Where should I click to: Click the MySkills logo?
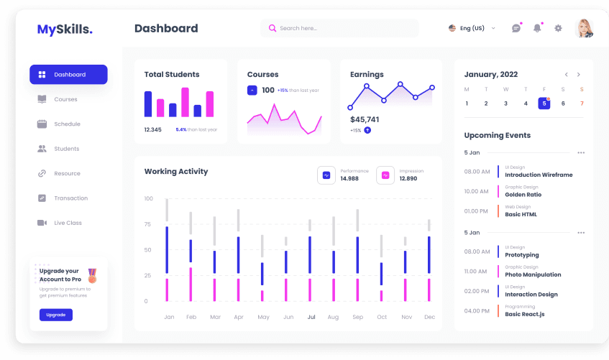click(x=65, y=29)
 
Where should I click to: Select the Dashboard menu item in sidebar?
click(x=68, y=75)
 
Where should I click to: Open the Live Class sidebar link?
click(x=68, y=223)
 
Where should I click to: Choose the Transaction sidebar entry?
click(x=70, y=198)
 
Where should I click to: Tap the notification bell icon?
click(x=536, y=29)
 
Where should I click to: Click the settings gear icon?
click(x=558, y=29)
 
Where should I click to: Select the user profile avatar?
click(x=584, y=29)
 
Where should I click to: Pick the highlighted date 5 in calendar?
click(x=544, y=103)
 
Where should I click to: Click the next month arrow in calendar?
click(x=579, y=75)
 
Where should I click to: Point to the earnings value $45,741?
click(x=365, y=119)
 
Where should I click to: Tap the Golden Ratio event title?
click(x=523, y=195)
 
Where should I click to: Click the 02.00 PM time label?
click(x=476, y=291)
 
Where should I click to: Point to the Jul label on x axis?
click(x=311, y=317)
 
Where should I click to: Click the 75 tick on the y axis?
click(x=148, y=224)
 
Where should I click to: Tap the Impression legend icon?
click(x=385, y=175)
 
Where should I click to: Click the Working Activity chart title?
click(x=176, y=172)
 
